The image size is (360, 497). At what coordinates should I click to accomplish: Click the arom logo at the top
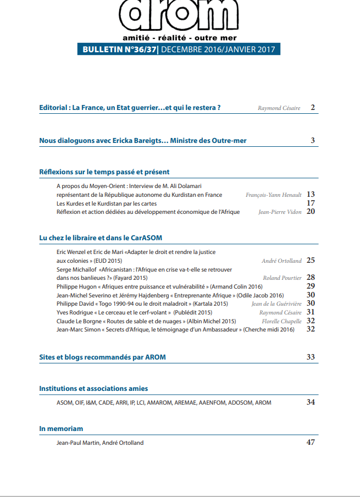pyautogui.click(x=179, y=15)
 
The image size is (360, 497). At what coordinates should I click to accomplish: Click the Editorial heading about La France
pyautogui.click(x=130, y=108)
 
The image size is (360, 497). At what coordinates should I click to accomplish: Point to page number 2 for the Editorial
pyautogui.click(x=312, y=108)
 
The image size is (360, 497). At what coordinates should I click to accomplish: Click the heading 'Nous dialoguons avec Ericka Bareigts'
pyautogui.click(x=143, y=141)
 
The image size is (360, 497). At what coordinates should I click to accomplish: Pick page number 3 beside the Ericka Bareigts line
pyautogui.click(x=312, y=141)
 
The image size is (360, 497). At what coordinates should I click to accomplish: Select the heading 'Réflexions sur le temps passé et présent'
pyautogui.click(x=104, y=172)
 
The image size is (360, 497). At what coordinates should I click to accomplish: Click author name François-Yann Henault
pyautogui.click(x=273, y=195)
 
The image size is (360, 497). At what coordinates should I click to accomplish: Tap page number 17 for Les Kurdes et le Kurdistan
pyautogui.click(x=311, y=203)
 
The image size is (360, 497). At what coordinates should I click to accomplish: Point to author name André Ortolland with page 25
pyautogui.click(x=281, y=261)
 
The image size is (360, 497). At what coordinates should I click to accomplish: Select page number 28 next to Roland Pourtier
pyautogui.click(x=311, y=278)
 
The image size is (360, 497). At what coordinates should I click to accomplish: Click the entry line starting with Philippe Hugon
pyautogui.click(x=159, y=286)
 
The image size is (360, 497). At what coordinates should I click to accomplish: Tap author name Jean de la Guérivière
pyautogui.click(x=276, y=303)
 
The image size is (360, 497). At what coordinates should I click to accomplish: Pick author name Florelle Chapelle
pyautogui.click(x=281, y=321)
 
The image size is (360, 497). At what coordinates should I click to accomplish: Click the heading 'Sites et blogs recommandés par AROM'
pyautogui.click(x=103, y=357)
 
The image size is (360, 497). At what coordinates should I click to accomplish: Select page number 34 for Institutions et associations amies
pyautogui.click(x=311, y=402)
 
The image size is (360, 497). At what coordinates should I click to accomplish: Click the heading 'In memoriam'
pyautogui.click(x=61, y=428)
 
